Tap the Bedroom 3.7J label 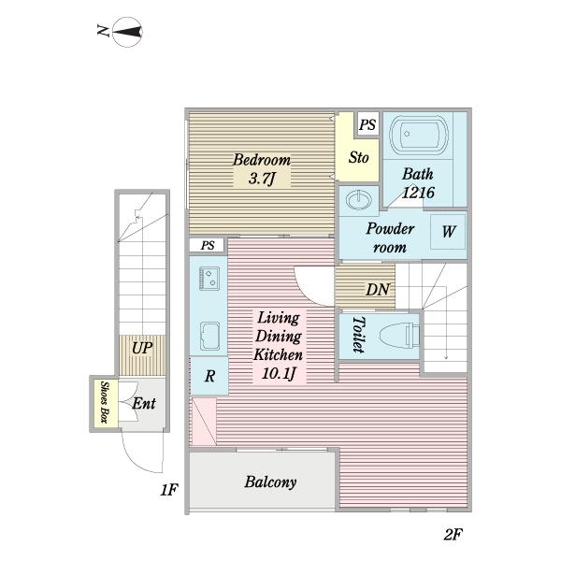[x=262, y=169]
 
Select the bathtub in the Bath [x=419, y=135]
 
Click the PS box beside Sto [x=367, y=124]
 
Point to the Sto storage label [x=358, y=157]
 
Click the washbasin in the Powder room [x=358, y=200]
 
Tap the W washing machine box [x=448, y=232]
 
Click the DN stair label [x=378, y=290]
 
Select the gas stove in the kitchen [x=209, y=279]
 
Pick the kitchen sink [x=209, y=337]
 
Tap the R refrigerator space [x=209, y=376]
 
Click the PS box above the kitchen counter [x=207, y=245]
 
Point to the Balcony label [x=270, y=482]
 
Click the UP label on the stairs [x=142, y=348]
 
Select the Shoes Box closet [x=105, y=402]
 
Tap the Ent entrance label [x=144, y=404]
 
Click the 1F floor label [x=169, y=490]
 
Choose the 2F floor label [x=453, y=535]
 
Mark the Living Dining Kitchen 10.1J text [x=279, y=345]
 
